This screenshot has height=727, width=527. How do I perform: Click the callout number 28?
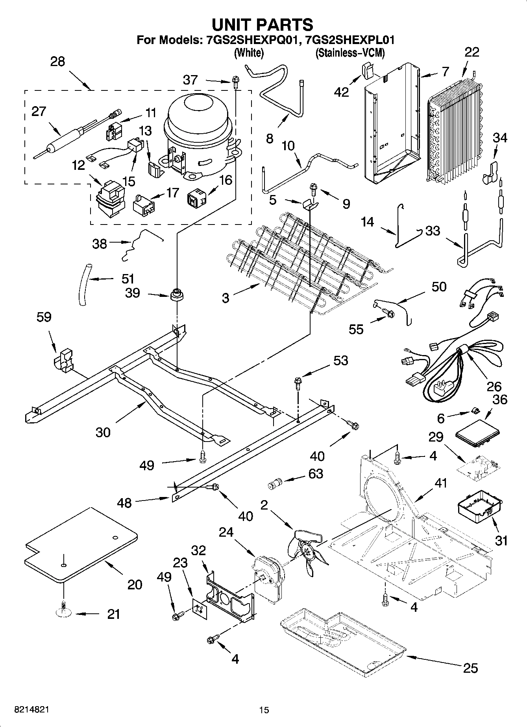tap(57, 62)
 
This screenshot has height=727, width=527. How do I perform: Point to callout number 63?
tap(316, 474)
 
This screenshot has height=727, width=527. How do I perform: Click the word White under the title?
tap(249, 53)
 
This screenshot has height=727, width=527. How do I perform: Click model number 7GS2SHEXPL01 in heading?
tap(347, 40)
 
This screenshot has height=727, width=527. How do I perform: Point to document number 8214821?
tap(31, 710)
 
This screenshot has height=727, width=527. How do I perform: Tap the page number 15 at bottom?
tap(264, 710)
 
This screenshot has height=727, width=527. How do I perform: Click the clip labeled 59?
tap(63, 359)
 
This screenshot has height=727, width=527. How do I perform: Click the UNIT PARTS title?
tap(263, 24)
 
